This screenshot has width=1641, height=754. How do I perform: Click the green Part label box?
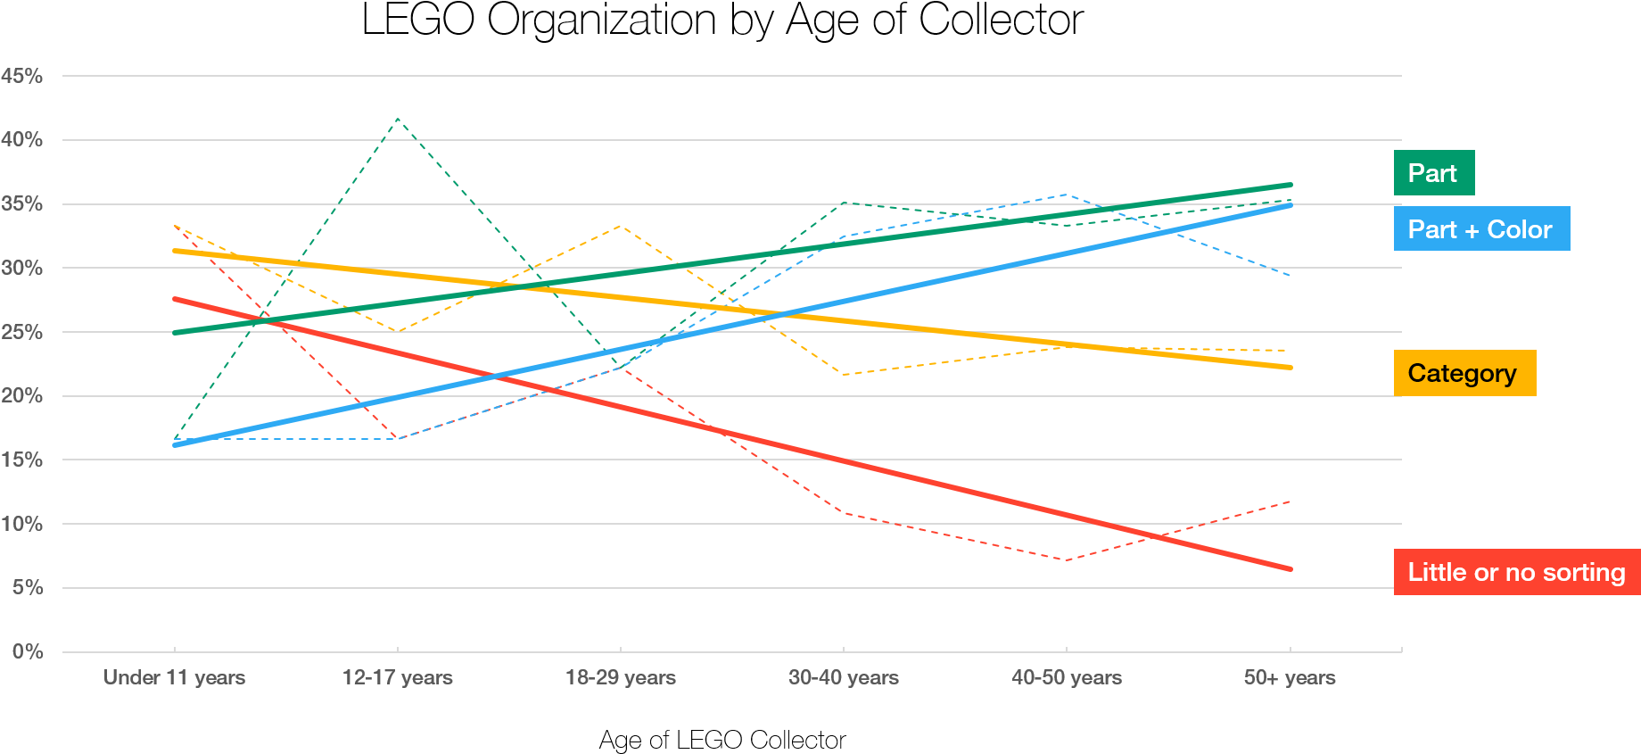(x=1433, y=173)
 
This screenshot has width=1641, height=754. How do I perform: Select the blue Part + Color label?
(x=1480, y=229)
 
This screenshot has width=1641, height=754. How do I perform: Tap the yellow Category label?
(x=1464, y=373)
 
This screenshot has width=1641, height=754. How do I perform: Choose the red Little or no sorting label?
(x=1516, y=572)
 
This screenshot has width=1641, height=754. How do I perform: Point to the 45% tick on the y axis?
(x=22, y=76)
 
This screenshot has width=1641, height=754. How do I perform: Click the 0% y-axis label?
(x=28, y=651)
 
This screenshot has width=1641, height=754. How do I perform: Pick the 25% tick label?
(x=22, y=332)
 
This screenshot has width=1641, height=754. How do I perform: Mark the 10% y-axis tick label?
(x=22, y=524)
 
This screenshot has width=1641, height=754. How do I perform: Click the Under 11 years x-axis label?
(x=174, y=677)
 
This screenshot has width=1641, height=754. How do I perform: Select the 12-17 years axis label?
(x=398, y=677)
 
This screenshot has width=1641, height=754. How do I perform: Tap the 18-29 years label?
(x=621, y=677)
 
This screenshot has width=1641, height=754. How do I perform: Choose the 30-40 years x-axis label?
(x=844, y=677)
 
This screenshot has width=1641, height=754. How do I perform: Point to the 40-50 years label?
(x=1067, y=677)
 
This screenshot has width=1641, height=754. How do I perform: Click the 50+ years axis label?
(x=1290, y=677)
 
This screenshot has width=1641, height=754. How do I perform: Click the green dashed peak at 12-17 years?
(x=398, y=118)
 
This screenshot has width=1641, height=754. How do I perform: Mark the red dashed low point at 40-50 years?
(x=1067, y=560)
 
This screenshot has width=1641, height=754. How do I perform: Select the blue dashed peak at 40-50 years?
(x=1067, y=194)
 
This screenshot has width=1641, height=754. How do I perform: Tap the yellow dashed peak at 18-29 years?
(x=621, y=226)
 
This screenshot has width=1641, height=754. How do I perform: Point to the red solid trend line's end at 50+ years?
(x=1290, y=568)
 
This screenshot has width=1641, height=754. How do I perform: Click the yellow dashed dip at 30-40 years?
(x=844, y=375)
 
